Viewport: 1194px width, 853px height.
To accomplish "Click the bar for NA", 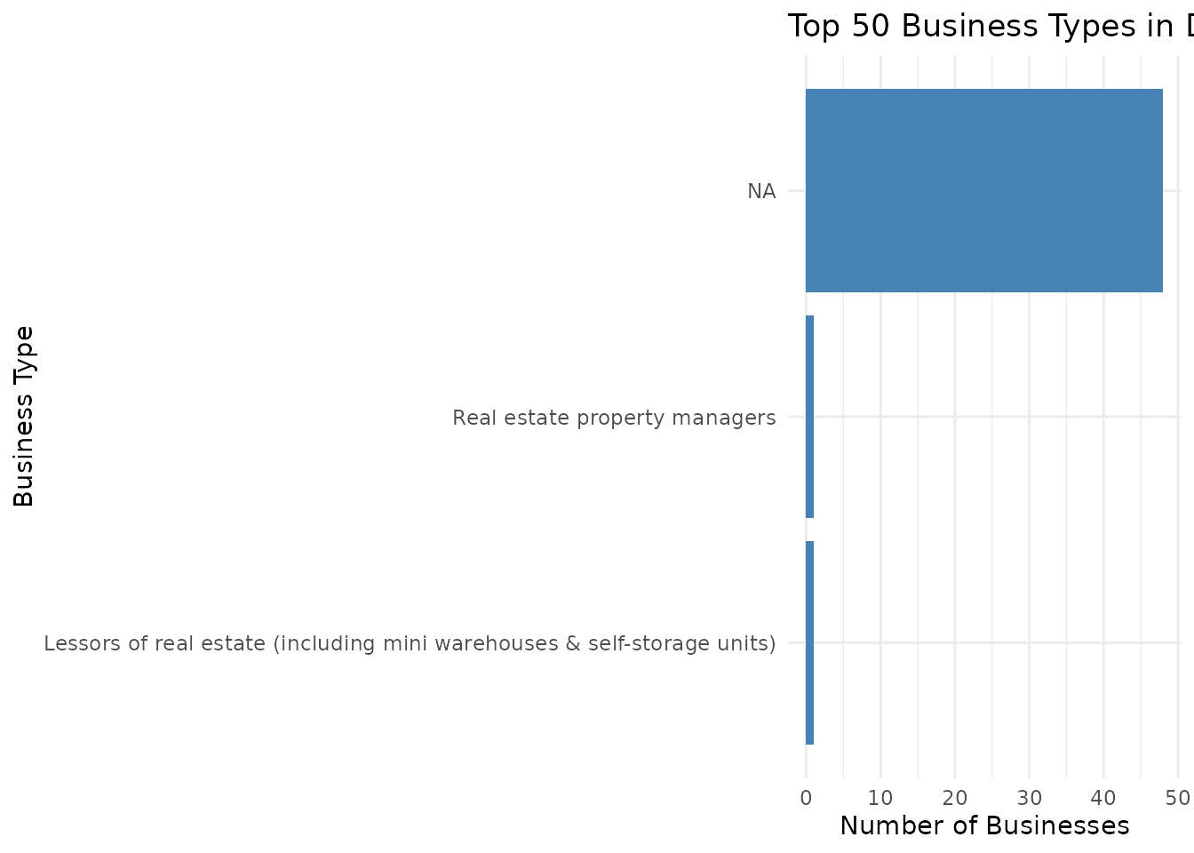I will (983, 190).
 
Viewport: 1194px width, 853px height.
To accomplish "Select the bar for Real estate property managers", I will (809, 417).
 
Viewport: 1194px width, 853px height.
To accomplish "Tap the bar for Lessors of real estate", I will (809, 642).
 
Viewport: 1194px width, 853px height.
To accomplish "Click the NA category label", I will (761, 191).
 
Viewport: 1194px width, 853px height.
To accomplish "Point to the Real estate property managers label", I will (614, 418).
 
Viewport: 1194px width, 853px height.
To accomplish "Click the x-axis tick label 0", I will (806, 798).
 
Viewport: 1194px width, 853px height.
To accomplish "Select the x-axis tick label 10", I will (880, 798).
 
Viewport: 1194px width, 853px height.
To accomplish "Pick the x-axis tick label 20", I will (955, 798).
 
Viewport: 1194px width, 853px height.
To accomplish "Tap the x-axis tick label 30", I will (1029, 798).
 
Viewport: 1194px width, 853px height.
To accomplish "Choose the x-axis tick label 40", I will (1103, 798).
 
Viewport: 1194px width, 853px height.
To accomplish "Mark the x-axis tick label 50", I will (1178, 798).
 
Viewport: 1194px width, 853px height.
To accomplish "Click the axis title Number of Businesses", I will (984, 826).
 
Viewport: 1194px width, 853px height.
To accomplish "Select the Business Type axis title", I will (24, 416).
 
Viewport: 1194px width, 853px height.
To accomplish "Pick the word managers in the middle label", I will (734, 418).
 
